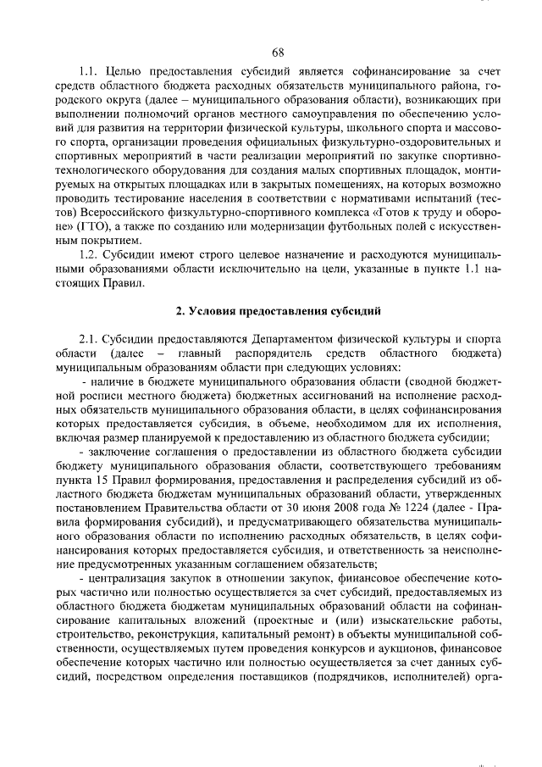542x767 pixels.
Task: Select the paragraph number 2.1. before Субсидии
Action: tap(91, 336)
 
